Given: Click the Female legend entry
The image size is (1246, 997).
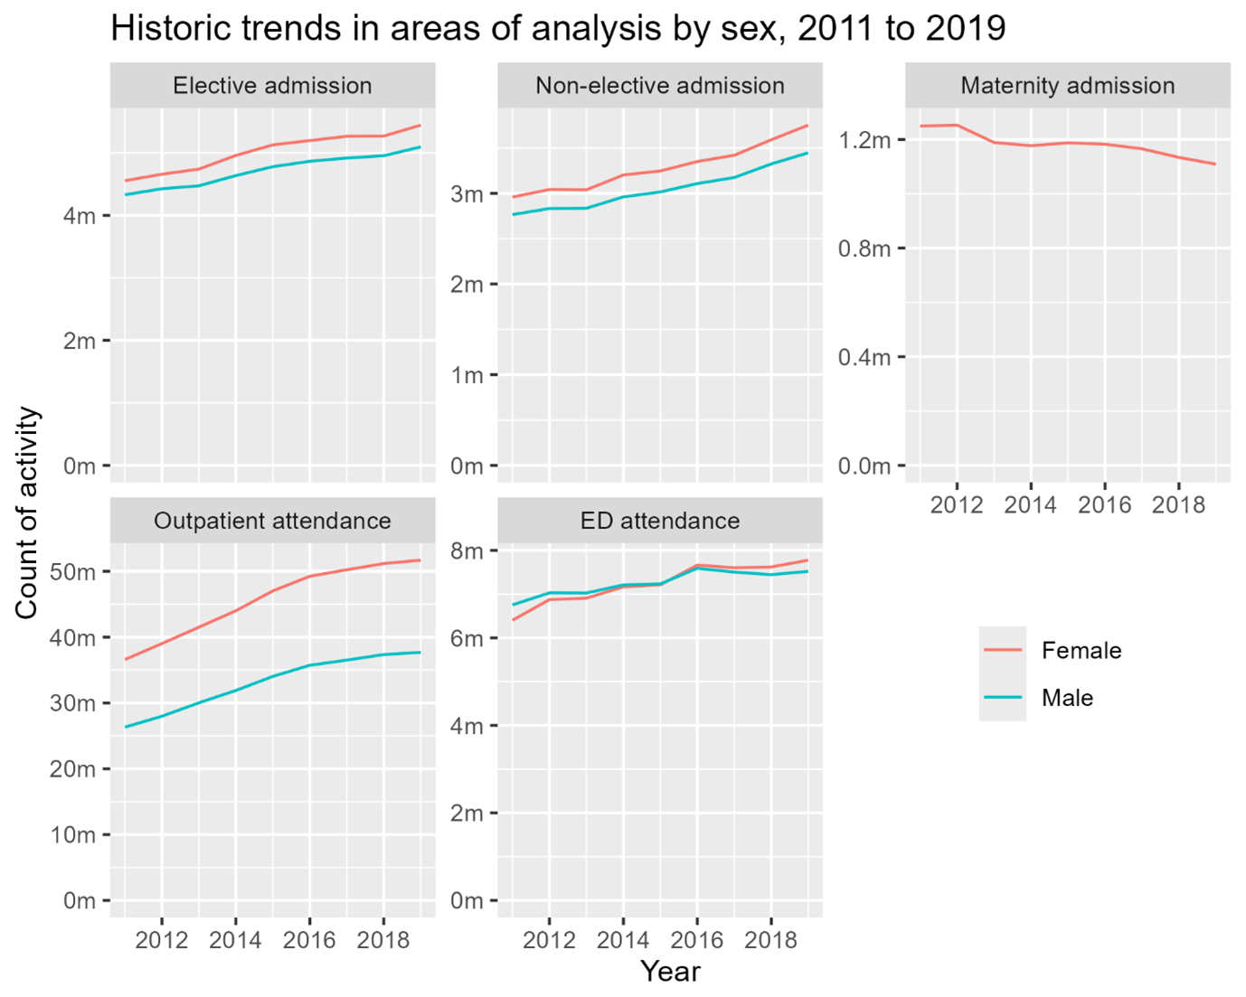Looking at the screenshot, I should [x=1081, y=650].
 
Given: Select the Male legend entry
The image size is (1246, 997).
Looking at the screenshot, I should [x=1067, y=698].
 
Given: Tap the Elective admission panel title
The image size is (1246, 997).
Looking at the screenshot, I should [x=272, y=86].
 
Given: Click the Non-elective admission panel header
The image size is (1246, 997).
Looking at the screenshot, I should [x=660, y=86].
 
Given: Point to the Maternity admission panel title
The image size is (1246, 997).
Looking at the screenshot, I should [x=1067, y=86].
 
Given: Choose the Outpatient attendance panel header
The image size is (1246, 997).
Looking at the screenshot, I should [x=272, y=521].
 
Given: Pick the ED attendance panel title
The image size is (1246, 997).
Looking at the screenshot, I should [x=660, y=521].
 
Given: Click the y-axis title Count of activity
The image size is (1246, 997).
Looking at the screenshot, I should [x=27, y=513].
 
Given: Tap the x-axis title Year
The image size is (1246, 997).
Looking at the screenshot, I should [x=670, y=971].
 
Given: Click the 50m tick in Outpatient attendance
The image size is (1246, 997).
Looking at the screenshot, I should [x=73, y=572].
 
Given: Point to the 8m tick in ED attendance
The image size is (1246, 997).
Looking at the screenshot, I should [x=467, y=551].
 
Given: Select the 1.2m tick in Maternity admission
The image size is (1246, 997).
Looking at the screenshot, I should [x=864, y=140].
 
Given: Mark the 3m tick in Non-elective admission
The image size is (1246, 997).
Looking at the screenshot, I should [x=467, y=193].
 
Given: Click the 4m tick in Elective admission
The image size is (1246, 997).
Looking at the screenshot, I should [x=79, y=216].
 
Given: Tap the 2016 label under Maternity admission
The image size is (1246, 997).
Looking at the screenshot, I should [x=1104, y=504].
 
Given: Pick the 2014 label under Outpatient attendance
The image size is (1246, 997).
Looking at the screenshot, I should [x=235, y=940].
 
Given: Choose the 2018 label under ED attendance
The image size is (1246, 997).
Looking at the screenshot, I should [x=770, y=940].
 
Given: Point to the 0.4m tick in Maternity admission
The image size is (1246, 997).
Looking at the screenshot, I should [x=864, y=357].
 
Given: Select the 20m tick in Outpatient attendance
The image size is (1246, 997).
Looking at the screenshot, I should [x=73, y=769].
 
